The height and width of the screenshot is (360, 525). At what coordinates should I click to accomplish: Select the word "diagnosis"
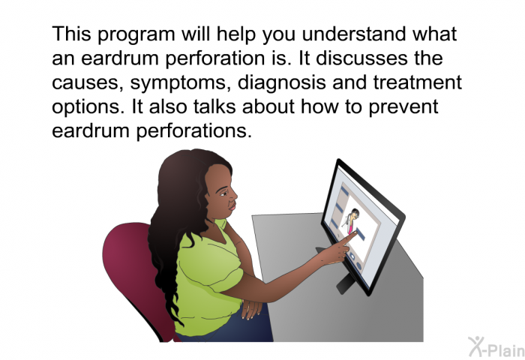tap(281, 83)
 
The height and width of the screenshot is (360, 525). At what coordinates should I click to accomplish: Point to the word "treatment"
tap(417, 82)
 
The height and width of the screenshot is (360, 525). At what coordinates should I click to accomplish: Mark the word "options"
tap(88, 107)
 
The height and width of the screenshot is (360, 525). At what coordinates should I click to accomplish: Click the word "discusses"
tap(362, 58)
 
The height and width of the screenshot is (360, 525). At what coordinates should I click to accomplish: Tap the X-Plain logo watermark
tap(496, 347)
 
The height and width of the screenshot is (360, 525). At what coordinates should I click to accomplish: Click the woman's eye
tap(223, 194)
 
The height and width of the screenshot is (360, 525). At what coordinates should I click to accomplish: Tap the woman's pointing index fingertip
tap(355, 232)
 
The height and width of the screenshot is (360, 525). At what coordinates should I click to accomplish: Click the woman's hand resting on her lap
tap(251, 308)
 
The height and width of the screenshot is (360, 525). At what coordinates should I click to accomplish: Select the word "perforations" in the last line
tap(193, 131)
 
